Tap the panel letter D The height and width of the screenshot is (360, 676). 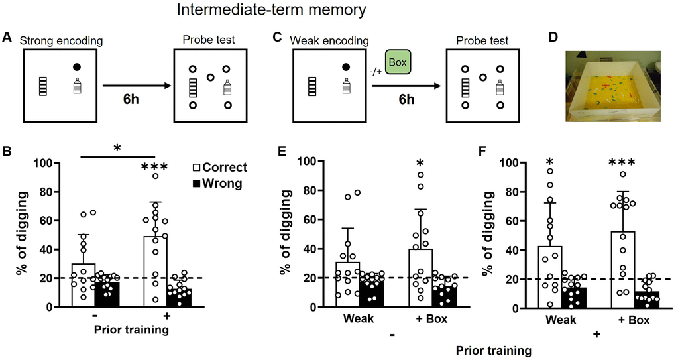point(554,38)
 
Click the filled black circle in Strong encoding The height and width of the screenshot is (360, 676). point(77,67)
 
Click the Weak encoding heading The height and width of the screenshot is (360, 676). point(329,41)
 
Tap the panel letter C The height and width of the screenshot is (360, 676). point(278,39)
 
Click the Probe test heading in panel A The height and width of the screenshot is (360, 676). point(209,41)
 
